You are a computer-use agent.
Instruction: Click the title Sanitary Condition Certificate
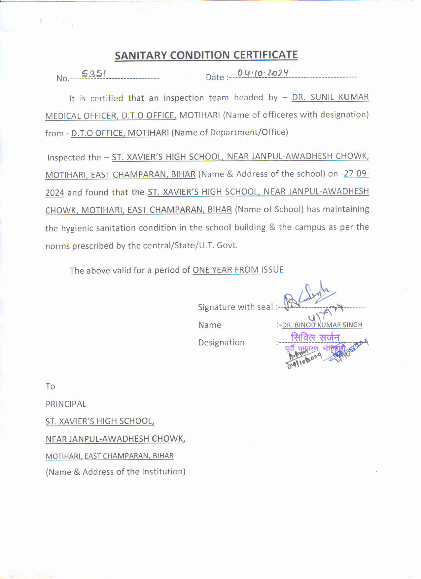[206, 55]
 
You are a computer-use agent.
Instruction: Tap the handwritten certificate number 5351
[94, 74]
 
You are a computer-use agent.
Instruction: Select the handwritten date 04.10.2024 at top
[263, 73]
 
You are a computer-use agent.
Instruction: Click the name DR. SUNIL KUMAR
[330, 97]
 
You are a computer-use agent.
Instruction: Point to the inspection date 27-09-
[356, 174]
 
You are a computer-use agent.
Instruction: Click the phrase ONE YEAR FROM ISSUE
[238, 270]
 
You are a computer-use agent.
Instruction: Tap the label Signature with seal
[235, 307]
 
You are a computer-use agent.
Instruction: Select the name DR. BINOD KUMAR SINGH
[322, 325]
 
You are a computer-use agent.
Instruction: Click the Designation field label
[221, 343]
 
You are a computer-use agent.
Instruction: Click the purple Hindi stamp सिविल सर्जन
[315, 337]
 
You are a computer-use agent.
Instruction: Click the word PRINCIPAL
[66, 404]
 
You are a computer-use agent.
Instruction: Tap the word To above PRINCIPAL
[50, 386]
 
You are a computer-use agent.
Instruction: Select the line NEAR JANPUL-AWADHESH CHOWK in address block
[115, 439]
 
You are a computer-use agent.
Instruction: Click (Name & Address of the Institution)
[116, 472]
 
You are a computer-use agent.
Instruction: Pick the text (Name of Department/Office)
[230, 132]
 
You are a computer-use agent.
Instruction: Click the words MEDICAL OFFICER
[81, 116]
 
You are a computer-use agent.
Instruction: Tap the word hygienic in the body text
[77, 228]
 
